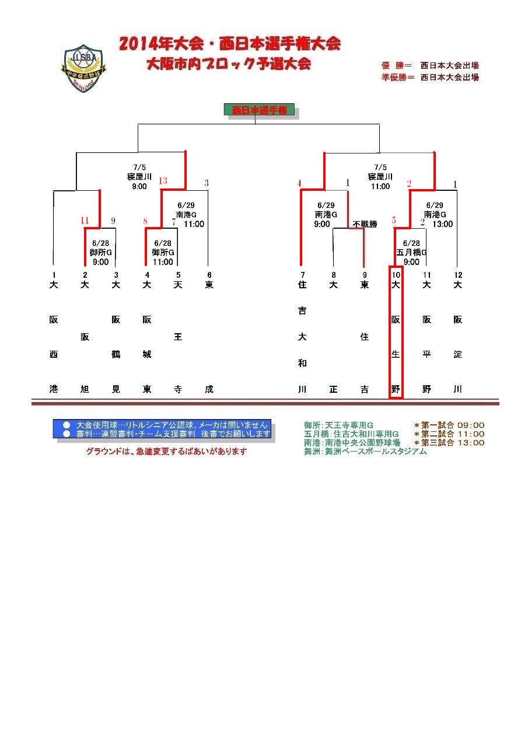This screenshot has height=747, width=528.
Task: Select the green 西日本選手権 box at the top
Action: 259,110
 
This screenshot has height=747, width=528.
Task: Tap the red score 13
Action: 163,181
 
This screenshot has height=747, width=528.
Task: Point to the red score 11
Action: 85,221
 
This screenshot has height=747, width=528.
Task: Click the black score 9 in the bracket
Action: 113,221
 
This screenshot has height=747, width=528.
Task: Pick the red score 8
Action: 145,221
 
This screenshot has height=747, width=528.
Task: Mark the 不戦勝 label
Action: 365,224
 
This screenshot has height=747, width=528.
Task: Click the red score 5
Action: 394,221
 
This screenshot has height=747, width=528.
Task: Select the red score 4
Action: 299,183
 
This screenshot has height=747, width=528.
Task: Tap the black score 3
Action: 207,183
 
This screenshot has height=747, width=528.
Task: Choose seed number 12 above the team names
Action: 457,275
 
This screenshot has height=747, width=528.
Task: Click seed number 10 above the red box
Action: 396,275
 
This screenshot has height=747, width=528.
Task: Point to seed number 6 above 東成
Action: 209,275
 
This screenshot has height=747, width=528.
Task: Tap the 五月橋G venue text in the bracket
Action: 411,253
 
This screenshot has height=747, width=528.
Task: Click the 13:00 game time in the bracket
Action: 442,224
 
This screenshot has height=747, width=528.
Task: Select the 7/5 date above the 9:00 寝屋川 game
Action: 139,167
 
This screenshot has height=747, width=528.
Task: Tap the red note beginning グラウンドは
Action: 166,451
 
